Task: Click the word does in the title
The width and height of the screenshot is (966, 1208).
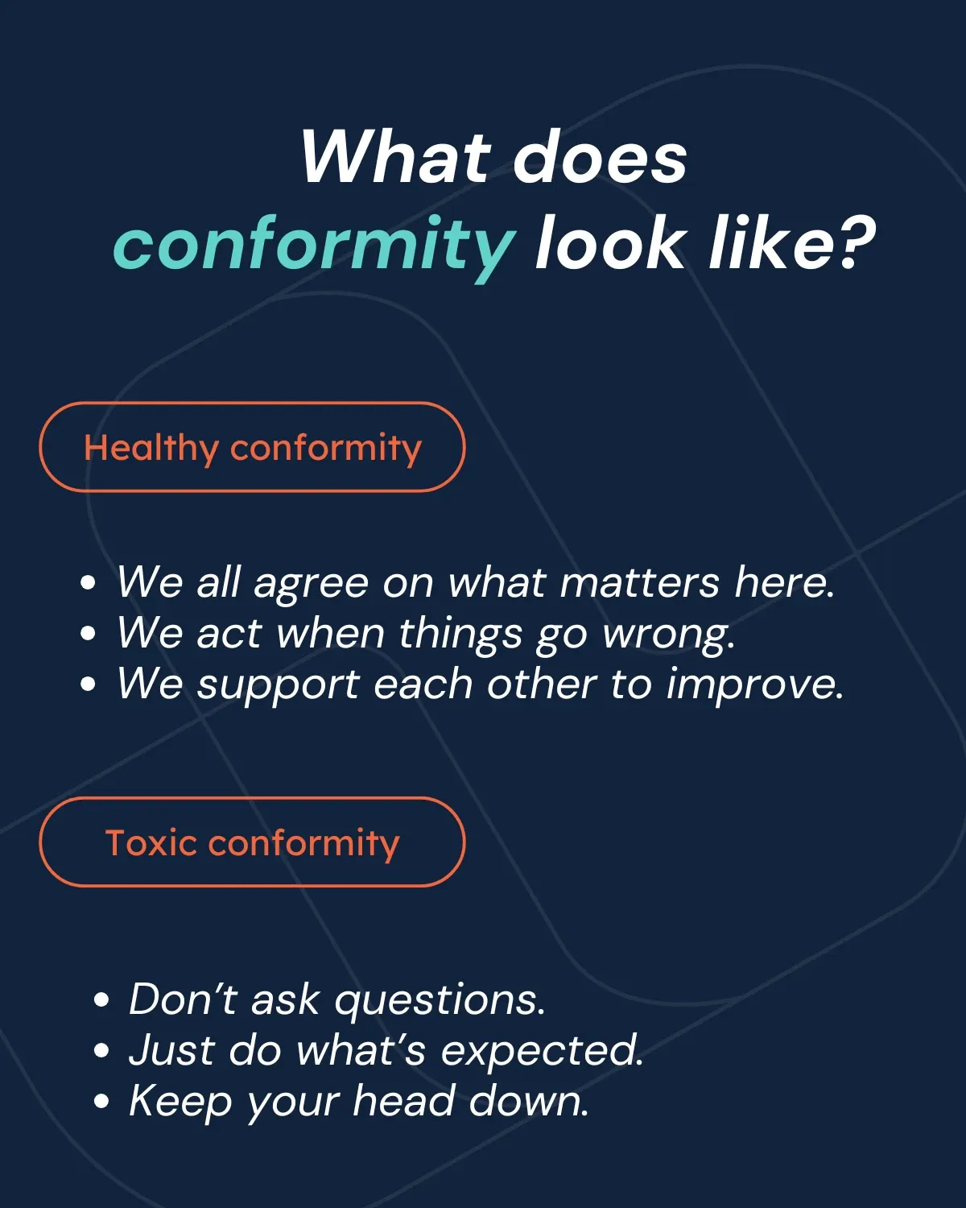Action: tap(600, 156)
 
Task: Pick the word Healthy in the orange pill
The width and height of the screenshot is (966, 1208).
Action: tap(151, 449)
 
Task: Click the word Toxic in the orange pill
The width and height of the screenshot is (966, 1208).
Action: tap(151, 842)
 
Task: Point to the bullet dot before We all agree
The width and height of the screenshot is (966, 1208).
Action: tap(88, 583)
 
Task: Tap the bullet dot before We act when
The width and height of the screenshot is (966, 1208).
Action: tap(88, 633)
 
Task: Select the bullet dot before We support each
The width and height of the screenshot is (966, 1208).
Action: tap(88, 684)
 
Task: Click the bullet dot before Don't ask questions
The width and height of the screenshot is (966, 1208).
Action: tap(101, 999)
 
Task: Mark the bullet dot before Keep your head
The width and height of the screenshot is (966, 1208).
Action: tap(101, 1101)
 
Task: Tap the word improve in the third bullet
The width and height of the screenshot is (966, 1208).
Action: tap(755, 685)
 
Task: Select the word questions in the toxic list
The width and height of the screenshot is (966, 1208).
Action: tap(440, 1001)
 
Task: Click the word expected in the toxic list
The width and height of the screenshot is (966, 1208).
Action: tap(542, 1052)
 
